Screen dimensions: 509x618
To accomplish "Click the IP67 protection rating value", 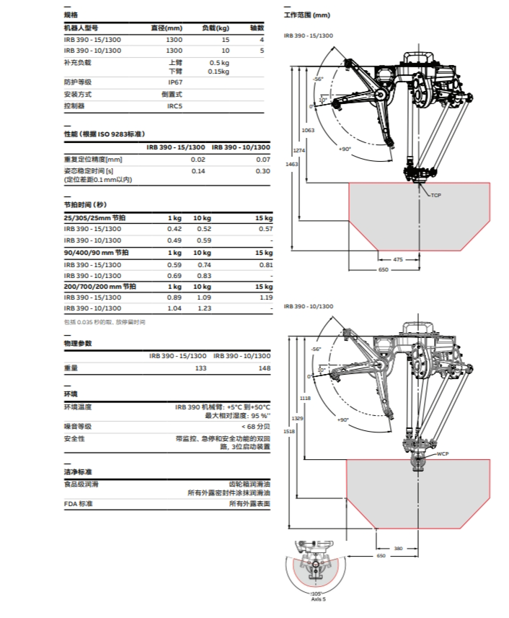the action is click(175, 82).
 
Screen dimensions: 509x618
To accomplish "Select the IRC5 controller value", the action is click(174, 106).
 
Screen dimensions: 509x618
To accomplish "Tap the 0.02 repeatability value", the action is click(198, 160).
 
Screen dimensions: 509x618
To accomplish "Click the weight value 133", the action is click(200, 368).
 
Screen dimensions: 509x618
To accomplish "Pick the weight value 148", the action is click(265, 368).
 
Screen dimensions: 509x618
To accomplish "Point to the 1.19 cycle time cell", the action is click(267, 297).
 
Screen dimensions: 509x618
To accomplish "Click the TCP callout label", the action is click(435, 196).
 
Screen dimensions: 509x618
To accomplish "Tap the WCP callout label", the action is click(443, 453).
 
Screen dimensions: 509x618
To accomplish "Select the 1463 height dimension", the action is click(292, 165).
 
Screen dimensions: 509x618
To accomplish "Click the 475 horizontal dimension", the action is click(398, 259).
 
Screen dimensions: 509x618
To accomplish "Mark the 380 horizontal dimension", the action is click(398, 548).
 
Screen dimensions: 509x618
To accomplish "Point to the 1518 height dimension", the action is click(289, 431).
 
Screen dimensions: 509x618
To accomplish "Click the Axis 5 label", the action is click(319, 599).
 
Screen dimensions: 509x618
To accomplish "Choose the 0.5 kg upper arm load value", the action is click(219, 63).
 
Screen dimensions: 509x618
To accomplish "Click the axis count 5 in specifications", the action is click(262, 51).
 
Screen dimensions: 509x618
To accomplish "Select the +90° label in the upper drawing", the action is click(345, 149).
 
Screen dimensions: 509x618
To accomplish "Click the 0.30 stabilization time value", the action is click(263, 171).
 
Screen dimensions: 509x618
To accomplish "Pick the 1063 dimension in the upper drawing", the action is click(309, 131).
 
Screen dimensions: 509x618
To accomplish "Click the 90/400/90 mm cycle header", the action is click(96, 253).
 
